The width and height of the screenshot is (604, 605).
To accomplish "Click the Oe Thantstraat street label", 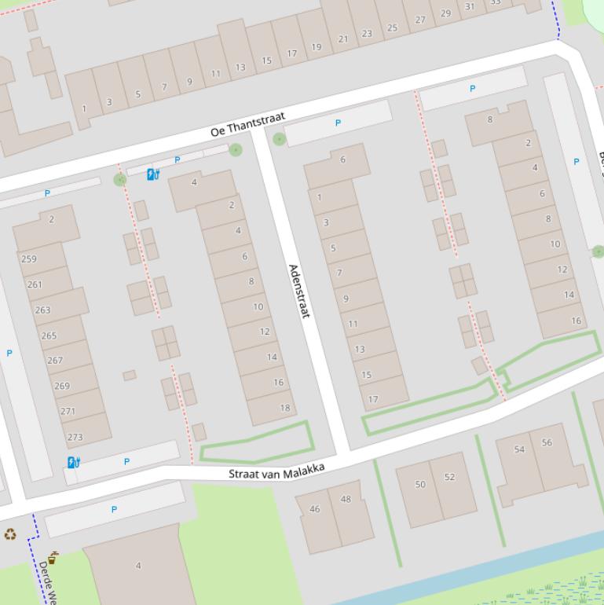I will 247,125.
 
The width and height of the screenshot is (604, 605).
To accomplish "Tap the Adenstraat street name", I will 299,291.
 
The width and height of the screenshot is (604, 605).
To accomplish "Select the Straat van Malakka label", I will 276,471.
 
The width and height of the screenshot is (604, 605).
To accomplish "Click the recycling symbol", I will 10,534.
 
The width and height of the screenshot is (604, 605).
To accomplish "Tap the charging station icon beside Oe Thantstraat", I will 153,174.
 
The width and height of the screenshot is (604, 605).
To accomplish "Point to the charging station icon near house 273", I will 74,462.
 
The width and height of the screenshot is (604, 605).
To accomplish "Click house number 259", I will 29,258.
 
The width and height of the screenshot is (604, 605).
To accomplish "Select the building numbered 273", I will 75,437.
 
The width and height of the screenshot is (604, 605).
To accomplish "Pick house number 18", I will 284,407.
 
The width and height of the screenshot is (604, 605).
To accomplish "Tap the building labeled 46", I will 315,509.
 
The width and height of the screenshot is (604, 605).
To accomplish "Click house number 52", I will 449,477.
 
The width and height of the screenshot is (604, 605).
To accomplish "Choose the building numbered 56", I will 547,442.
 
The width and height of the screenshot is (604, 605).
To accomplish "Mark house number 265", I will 49,335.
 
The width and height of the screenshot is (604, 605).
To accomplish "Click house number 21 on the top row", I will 343,38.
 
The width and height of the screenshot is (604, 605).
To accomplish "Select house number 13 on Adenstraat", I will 360,349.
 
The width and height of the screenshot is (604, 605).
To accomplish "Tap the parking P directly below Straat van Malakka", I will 114,509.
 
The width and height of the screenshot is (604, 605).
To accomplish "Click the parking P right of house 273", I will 126,461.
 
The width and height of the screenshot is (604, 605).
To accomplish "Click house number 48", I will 346,499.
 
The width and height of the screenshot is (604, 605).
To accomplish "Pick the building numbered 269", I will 62,386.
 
